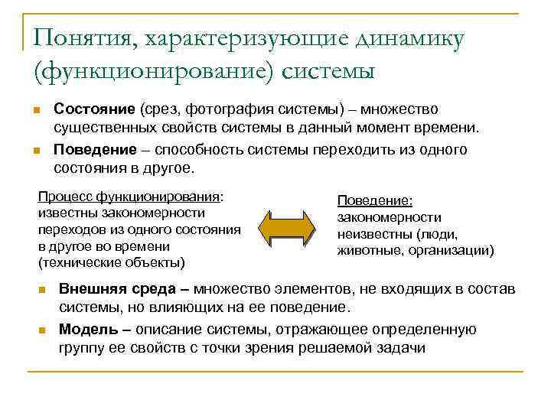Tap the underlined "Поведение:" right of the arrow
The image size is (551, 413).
coord(375,200)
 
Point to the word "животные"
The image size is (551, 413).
coord(367,250)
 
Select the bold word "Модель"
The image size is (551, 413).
coord(86,329)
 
